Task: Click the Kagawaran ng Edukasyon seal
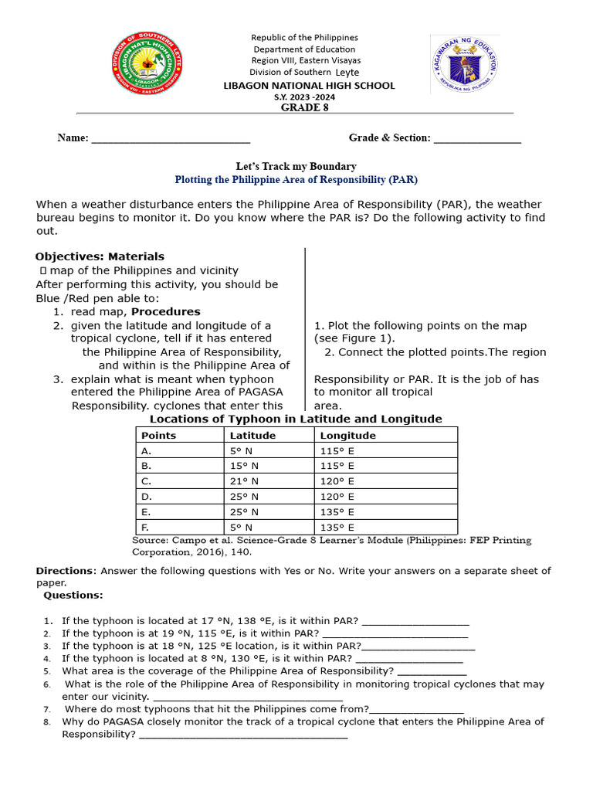point(465,64)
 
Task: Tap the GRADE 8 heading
point(305,107)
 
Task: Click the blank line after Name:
point(171,139)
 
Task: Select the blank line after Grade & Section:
point(477,139)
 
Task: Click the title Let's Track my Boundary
point(296,166)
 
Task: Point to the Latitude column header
point(252,435)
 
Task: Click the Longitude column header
point(348,435)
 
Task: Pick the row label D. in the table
point(147,496)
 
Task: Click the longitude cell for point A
point(337,450)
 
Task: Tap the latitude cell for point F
point(241,527)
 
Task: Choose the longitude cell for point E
point(337,511)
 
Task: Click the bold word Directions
point(64,571)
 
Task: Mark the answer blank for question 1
point(415,621)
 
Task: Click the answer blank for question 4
point(409,659)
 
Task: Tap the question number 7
point(47,709)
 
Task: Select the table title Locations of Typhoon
point(296,419)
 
